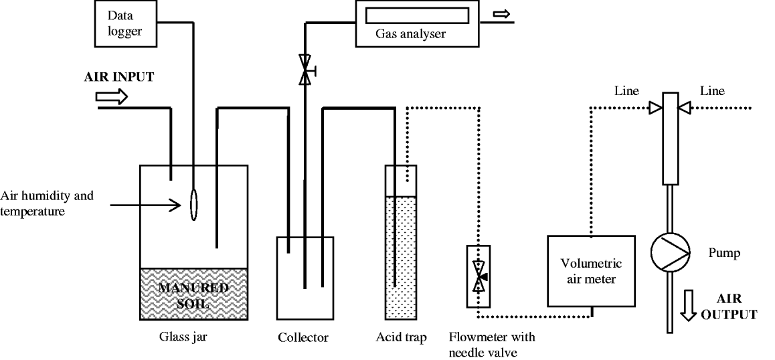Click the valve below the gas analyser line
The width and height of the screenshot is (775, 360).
pos(306,72)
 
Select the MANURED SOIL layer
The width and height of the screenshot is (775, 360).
pos(193,293)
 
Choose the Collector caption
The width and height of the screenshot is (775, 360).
pos(303,337)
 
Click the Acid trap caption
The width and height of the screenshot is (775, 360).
pos(401,337)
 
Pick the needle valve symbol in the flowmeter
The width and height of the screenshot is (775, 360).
pos(479,276)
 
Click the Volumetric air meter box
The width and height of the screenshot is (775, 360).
pos(591,270)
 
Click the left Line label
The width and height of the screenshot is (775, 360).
pos(627,91)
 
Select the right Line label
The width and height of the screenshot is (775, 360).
pos(711,91)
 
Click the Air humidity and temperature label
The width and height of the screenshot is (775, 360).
pos(47,202)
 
